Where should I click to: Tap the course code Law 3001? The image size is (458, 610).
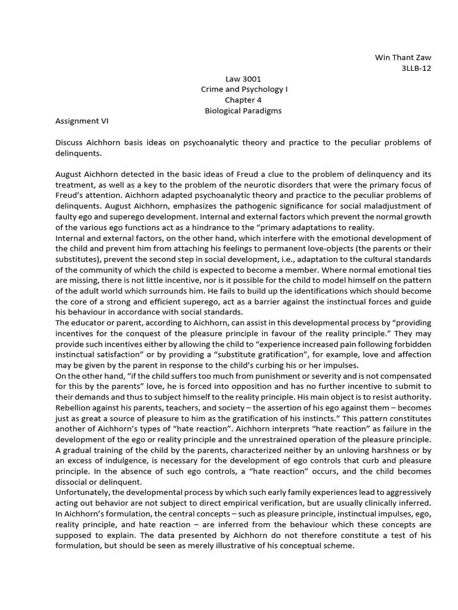[243, 79]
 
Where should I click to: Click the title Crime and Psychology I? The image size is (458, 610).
[243, 89]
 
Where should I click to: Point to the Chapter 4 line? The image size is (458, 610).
[243, 100]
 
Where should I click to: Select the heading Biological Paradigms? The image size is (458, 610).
[243, 111]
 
